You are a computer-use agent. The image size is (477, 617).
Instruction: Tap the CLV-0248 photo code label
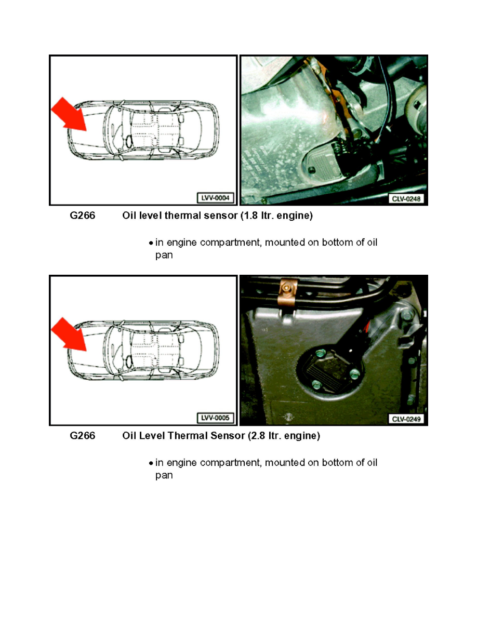407,198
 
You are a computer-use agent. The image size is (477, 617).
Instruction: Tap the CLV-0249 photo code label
407,418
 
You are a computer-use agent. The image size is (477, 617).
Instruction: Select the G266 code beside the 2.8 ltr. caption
83,436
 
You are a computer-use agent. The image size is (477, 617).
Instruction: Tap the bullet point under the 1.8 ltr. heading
151,243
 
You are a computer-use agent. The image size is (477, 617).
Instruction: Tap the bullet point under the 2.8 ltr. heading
151,463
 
